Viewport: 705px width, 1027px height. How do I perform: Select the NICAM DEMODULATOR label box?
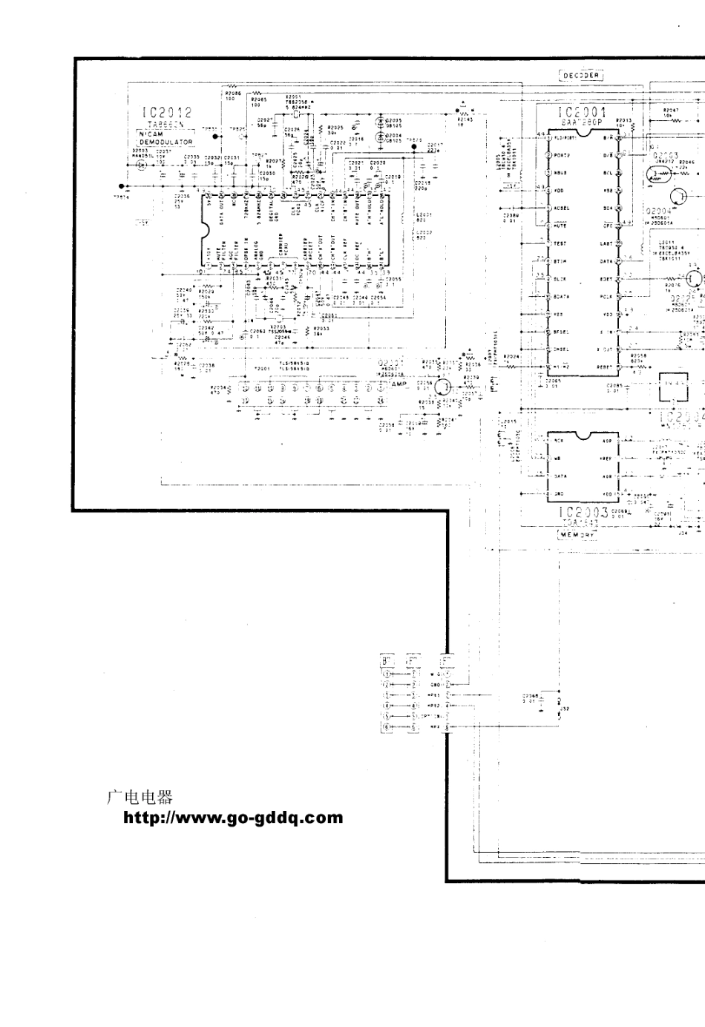coord(165,137)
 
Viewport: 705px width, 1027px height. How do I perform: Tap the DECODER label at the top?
coord(580,75)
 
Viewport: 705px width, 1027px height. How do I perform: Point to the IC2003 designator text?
coord(582,512)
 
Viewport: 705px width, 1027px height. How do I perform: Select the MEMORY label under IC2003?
coord(578,534)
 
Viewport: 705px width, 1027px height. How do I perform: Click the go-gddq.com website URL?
coord(233,818)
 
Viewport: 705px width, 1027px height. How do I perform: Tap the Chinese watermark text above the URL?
coord(140,797)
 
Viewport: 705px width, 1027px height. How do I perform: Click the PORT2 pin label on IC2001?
coord(562,155)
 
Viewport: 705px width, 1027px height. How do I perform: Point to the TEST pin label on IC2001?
coord(560,243)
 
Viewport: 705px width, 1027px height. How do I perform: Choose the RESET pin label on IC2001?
coord(606,367)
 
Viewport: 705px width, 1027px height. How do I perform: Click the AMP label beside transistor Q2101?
coord(399,384)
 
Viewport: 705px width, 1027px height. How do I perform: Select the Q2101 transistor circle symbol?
coord(443,387)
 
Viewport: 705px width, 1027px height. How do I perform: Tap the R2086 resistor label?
coord(230,93)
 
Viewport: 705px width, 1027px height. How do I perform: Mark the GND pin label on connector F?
coord(436,685)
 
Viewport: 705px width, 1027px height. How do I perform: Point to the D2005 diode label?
coord(394,119)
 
